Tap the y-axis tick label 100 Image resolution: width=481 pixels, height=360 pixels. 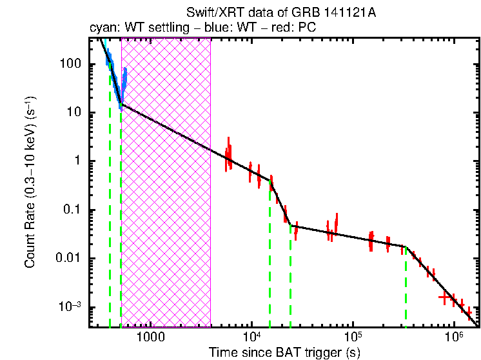[70, 65]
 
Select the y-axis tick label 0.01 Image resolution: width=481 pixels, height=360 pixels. [68, 259]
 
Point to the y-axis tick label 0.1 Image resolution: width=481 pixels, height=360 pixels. [70, 210]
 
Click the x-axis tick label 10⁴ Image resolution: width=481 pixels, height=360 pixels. [251, 337]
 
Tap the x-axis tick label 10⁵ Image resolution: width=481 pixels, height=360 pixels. [353, 337]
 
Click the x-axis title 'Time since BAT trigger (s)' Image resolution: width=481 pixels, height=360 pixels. [283, 352]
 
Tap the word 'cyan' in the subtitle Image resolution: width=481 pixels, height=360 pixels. [101, 28]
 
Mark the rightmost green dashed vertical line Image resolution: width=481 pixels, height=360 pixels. [406, 290]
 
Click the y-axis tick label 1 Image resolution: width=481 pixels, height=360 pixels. [76, 161]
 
